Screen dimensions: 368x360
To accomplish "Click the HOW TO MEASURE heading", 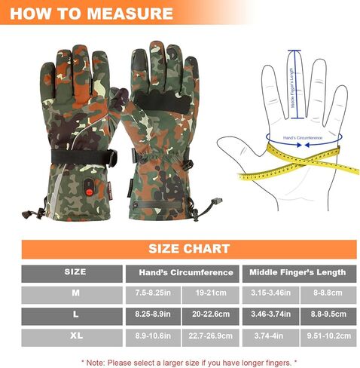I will click(x=93, y=13).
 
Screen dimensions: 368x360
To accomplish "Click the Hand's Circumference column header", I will click(x=185, y=272).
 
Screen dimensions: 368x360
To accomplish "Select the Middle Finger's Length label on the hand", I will click(x=294, y=89).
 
